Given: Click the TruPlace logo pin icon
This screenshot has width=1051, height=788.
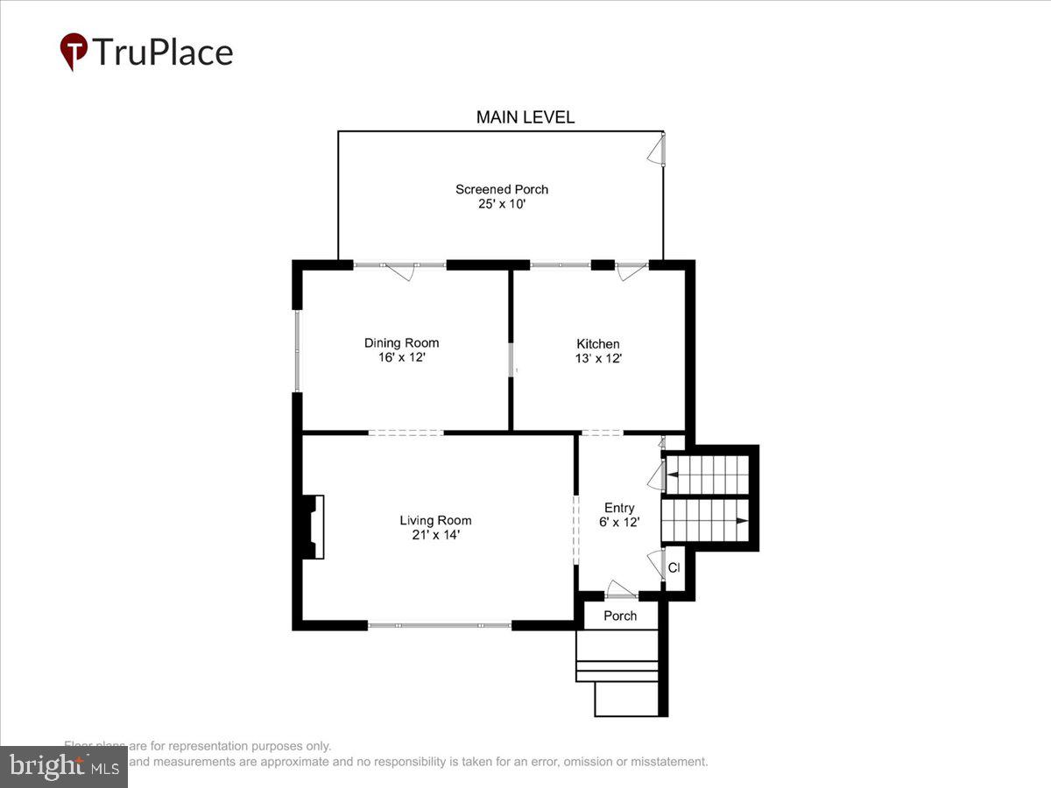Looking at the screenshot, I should [74, 51].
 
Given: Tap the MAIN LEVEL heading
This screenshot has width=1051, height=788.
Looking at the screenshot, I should [525, 117].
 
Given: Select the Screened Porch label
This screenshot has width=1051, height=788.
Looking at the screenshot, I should [502, 189].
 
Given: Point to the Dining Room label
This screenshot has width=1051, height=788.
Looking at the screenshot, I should [401, 342].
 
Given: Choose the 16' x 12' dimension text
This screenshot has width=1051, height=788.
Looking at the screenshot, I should [401, 357].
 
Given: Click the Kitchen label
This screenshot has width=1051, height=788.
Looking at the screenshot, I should [598, 343].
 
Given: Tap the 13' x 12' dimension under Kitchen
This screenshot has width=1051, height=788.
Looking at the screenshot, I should [598, 358].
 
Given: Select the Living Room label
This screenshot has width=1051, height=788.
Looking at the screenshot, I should [435, 520].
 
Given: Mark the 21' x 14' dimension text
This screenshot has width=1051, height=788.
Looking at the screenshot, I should [435, 534].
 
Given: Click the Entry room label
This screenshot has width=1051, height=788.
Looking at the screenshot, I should [619, 508].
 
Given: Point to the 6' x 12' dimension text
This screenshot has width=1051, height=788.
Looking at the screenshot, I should [619, 522].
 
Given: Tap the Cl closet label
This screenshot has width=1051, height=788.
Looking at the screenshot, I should [674, 568].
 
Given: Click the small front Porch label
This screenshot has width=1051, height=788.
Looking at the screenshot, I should [620, 616].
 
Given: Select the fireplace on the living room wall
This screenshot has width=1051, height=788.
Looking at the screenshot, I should [313, 527].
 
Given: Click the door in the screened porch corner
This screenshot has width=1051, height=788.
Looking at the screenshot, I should [657, 151].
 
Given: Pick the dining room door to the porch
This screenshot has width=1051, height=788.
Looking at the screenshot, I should [400, 271].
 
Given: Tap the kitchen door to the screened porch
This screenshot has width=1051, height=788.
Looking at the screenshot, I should [630, 271].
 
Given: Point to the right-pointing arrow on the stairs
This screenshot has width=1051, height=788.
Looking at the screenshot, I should [741, 521].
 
